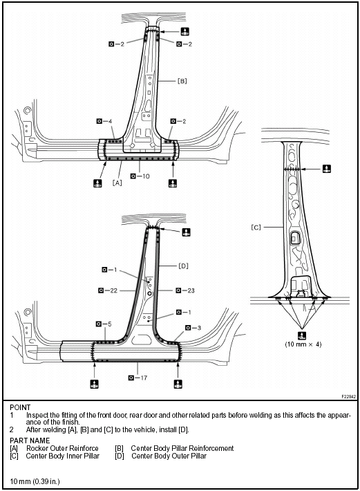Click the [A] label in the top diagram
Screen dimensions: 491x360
tap(117, 183)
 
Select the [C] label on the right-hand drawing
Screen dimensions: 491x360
tap(256, 226)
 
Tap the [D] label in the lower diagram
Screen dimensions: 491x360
tap(183, 265)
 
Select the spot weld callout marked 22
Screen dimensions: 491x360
tap(110, 290)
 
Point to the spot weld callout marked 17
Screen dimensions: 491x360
tap(139, 378)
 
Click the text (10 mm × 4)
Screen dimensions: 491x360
tap(303, 344)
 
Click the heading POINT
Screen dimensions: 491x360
tap(21, 407)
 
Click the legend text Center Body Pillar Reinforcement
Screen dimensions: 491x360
tap(182, 448)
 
